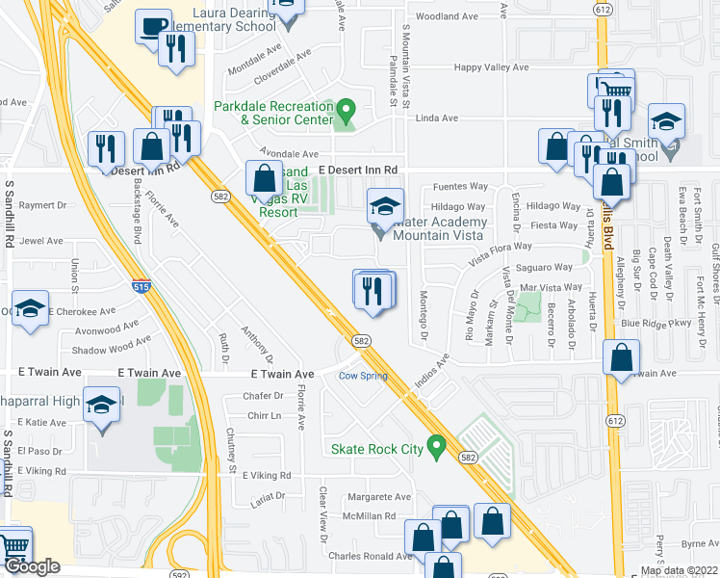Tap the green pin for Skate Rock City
click(x=436, y=447)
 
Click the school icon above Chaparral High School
click(x=101, y=405)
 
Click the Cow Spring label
click(x=362, y=376)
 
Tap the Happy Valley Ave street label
click(x=492, y=67)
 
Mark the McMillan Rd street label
click(x=371, y=516)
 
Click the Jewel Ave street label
click(x=41, y=241)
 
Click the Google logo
click(x=31, y=566)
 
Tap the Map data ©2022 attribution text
click(x=678, y=571)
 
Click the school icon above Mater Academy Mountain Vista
click(x=385, y=206)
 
